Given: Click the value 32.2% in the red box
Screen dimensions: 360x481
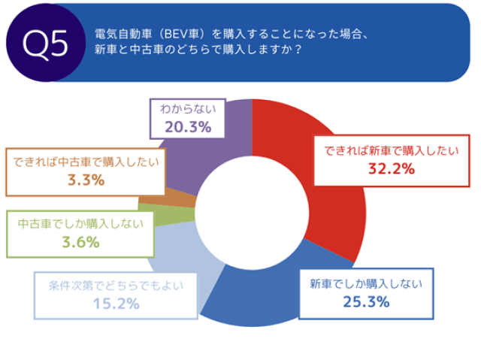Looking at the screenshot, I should click(x=391, y=168).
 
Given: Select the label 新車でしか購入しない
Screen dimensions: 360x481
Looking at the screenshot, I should click(x=366, y=283).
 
